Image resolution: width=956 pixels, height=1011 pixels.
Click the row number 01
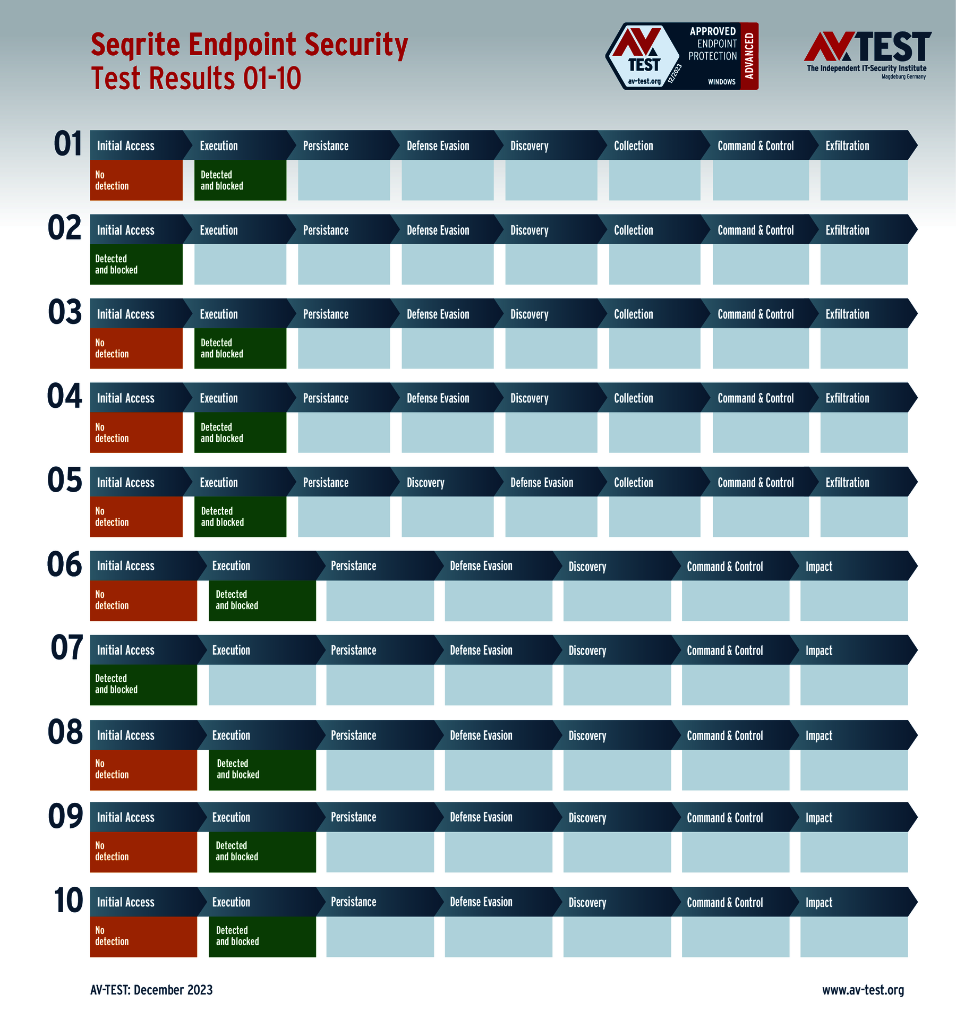coord(68,144)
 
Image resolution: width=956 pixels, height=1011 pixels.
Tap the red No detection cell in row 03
coord(136,348)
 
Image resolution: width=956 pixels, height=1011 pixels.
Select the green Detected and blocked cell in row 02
coord(136,264)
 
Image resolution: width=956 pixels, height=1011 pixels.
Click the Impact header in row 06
coord(818,567)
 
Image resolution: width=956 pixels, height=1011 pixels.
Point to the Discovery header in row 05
coord(425,483)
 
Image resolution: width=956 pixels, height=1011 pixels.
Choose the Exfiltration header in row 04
coord(847,398)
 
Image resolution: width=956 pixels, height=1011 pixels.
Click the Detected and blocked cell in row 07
coord(143,684)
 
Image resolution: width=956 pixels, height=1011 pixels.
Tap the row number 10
coord(68,901)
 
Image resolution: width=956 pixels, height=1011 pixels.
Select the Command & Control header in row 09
coord(724,818)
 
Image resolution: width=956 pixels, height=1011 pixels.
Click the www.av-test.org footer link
coord(863,990)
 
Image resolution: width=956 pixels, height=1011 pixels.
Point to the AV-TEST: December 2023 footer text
coord(151,990)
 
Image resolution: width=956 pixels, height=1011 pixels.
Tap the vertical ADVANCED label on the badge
coord(749,56)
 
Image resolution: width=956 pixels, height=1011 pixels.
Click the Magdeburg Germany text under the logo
coord(903,77)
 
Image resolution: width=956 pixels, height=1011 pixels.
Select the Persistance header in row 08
coord(353,735)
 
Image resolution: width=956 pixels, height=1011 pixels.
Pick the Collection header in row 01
coord(633,146)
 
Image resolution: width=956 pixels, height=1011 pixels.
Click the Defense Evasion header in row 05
coord(542,483)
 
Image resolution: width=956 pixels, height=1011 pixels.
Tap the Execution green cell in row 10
coord(262,937)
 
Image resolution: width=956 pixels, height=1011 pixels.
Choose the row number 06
coord(65,564)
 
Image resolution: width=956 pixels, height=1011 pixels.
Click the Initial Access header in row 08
coord(125,735)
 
